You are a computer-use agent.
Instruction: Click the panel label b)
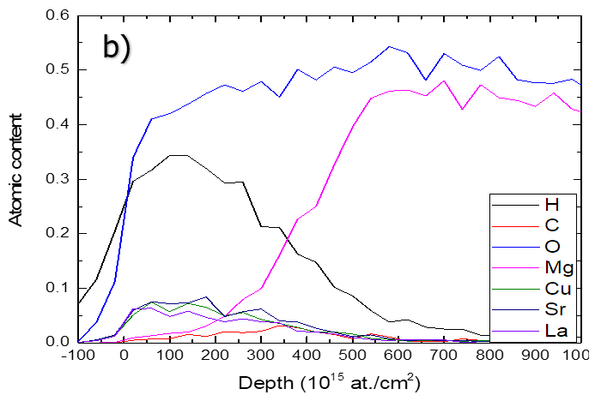tap(117, 48)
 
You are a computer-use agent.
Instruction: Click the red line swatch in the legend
tap(509, 225)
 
